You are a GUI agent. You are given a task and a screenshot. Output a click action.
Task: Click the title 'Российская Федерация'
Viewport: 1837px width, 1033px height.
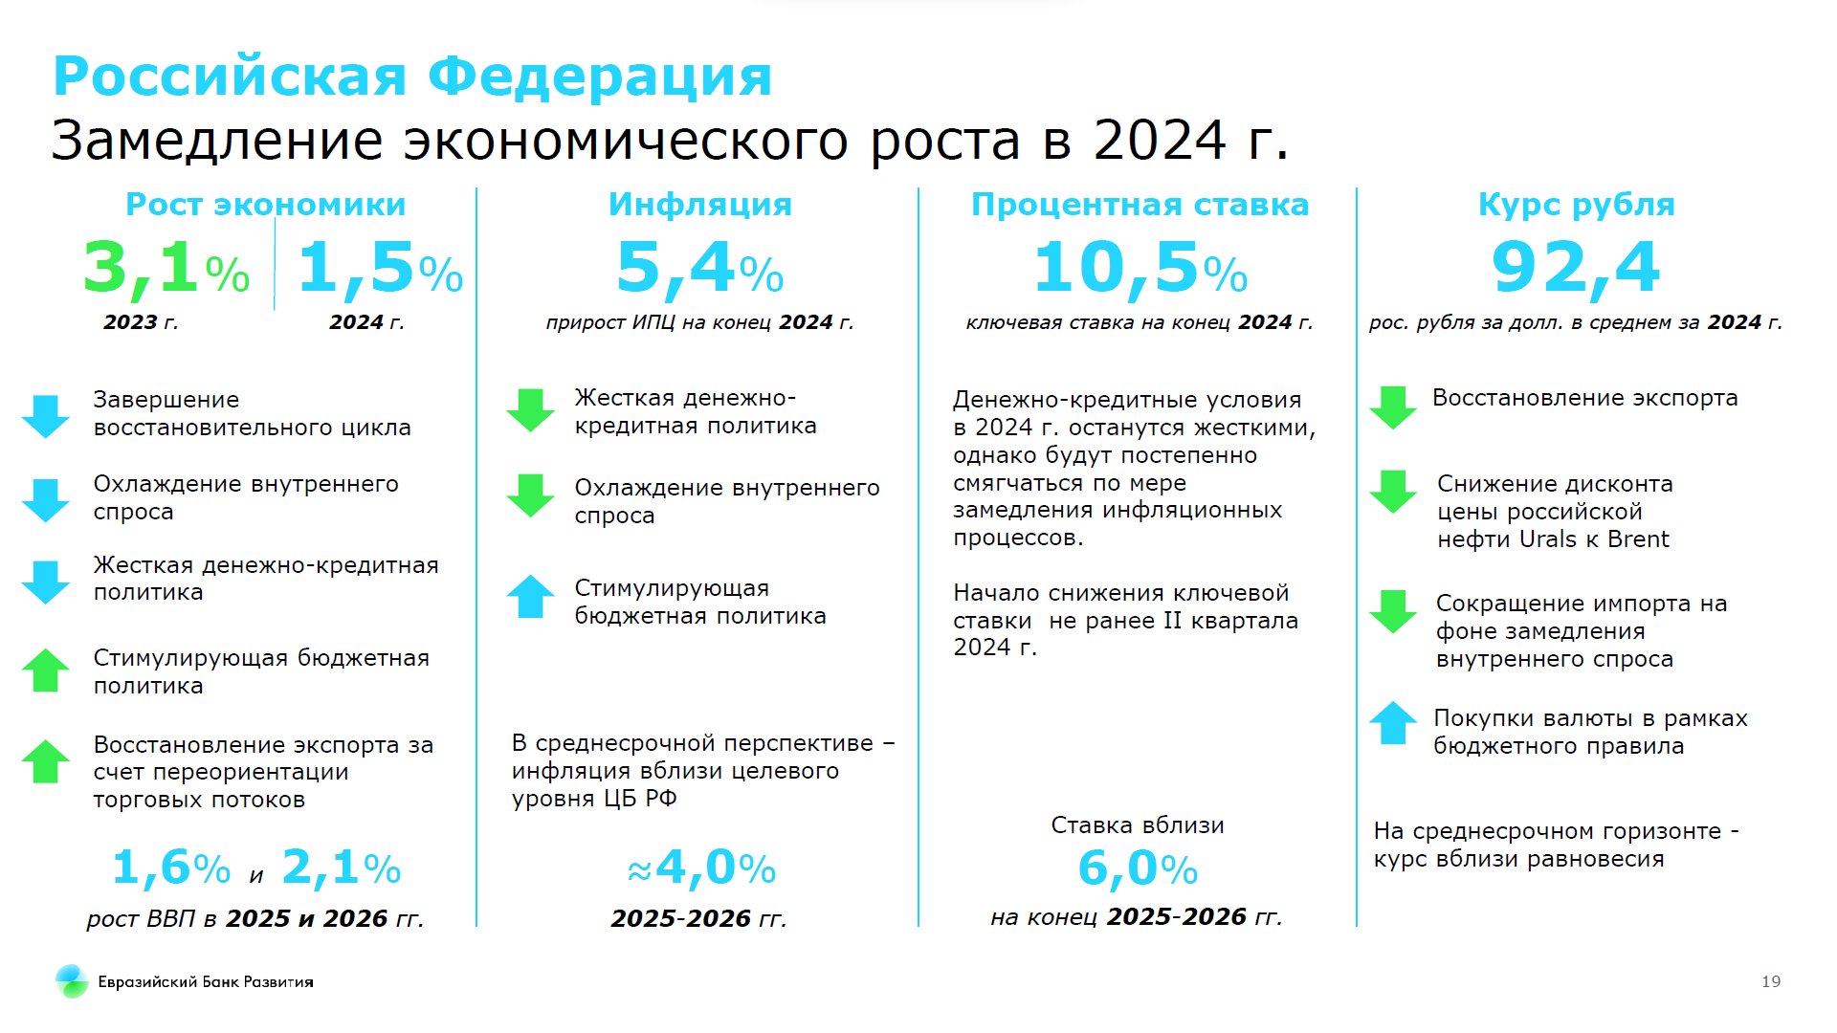pos(412,77)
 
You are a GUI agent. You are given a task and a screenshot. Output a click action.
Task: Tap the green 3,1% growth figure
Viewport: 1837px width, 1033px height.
pos(166,269)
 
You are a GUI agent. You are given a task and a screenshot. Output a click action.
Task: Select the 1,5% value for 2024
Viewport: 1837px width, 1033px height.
pos(381,269)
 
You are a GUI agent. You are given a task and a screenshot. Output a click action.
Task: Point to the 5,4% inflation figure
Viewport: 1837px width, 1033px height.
pos(699,269)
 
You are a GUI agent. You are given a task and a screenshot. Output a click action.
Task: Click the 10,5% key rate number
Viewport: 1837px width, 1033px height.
pos(1140,269)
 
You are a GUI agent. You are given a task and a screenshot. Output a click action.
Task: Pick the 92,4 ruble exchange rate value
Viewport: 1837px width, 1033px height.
pos(1576,268)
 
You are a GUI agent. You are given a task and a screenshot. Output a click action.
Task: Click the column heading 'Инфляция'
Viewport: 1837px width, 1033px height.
pos(700,205)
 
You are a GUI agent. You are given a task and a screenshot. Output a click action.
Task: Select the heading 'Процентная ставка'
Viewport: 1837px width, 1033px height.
pos(1140,205)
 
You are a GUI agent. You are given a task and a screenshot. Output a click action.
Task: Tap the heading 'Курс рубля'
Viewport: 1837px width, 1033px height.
pos(1577,206)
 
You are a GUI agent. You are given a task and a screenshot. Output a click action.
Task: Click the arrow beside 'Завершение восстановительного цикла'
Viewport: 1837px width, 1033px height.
pos(46,416)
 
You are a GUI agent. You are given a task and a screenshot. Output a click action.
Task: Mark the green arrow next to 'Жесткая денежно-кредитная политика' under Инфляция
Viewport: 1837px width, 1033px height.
pos(530,410)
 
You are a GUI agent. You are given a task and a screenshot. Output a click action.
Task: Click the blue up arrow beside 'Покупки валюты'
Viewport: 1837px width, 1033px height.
pos(1393,722)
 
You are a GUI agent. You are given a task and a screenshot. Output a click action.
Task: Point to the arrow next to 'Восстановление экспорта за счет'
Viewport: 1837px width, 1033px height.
pos(46,761)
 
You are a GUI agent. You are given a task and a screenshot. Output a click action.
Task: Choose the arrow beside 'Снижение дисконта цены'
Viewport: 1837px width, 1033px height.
pos(1393,492)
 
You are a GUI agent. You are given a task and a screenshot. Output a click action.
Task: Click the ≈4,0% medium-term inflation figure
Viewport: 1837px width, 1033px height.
pos(701,868)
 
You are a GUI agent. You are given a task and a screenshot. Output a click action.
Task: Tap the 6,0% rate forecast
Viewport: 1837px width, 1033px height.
pos(1138,869)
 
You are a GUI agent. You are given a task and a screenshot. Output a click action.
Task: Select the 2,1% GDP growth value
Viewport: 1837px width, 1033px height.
pos(342,868)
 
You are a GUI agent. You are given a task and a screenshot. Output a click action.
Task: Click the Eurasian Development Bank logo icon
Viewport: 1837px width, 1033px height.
pos(72,981)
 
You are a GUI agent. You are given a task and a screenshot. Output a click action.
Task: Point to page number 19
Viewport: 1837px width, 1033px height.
pos(1771,981)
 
